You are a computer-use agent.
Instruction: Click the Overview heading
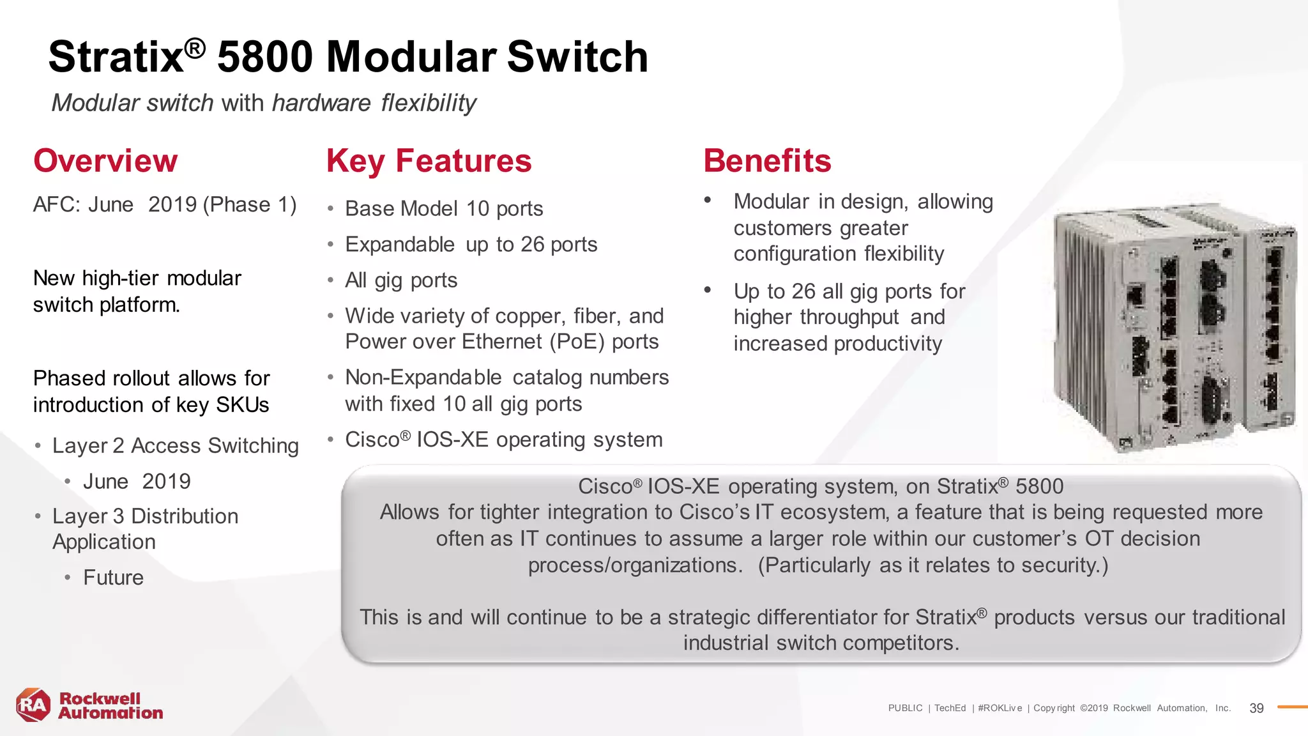click(105, 161)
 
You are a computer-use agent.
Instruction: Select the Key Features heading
click(429, 161)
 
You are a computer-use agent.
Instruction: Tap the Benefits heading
click(767, 161)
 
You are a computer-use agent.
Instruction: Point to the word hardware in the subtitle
click(321, 103)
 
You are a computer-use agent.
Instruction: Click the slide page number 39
click(1256, 708)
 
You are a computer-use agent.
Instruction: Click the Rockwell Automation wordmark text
click(110, 706)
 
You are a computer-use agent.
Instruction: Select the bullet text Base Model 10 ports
click(444, 209)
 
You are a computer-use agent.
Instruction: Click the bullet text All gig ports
click(401, 280)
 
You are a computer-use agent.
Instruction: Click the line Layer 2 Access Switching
click(175, 446)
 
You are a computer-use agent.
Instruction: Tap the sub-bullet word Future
click(113, 578)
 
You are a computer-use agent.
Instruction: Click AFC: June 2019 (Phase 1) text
click(165, 205)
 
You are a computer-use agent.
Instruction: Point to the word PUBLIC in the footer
click(905, 708)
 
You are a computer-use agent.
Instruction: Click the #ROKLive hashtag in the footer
click(1000, 708)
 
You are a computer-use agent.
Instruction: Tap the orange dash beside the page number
click(1292, 707)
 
